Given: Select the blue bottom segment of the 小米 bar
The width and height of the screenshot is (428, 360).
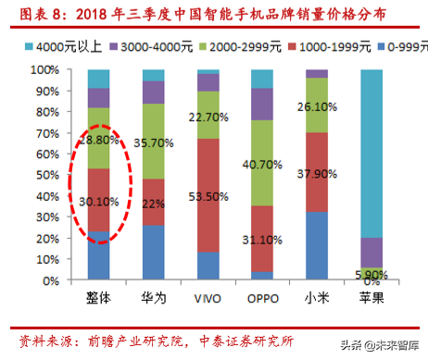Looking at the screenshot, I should click(317, 245).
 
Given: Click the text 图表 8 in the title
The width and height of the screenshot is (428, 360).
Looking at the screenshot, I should click(31, 13).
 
